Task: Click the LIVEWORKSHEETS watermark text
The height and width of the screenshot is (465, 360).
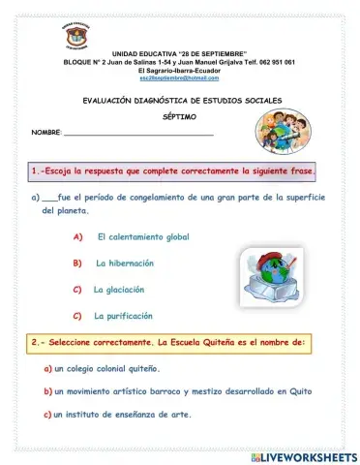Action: coord(309,456)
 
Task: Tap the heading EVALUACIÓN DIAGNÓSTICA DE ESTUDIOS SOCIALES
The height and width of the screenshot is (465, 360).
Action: coord(179,100)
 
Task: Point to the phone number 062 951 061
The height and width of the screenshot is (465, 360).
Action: coord(272,62)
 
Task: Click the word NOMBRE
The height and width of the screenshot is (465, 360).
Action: coord(46,133)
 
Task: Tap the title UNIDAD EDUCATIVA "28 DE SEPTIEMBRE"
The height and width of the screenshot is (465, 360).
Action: coord(179,52)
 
